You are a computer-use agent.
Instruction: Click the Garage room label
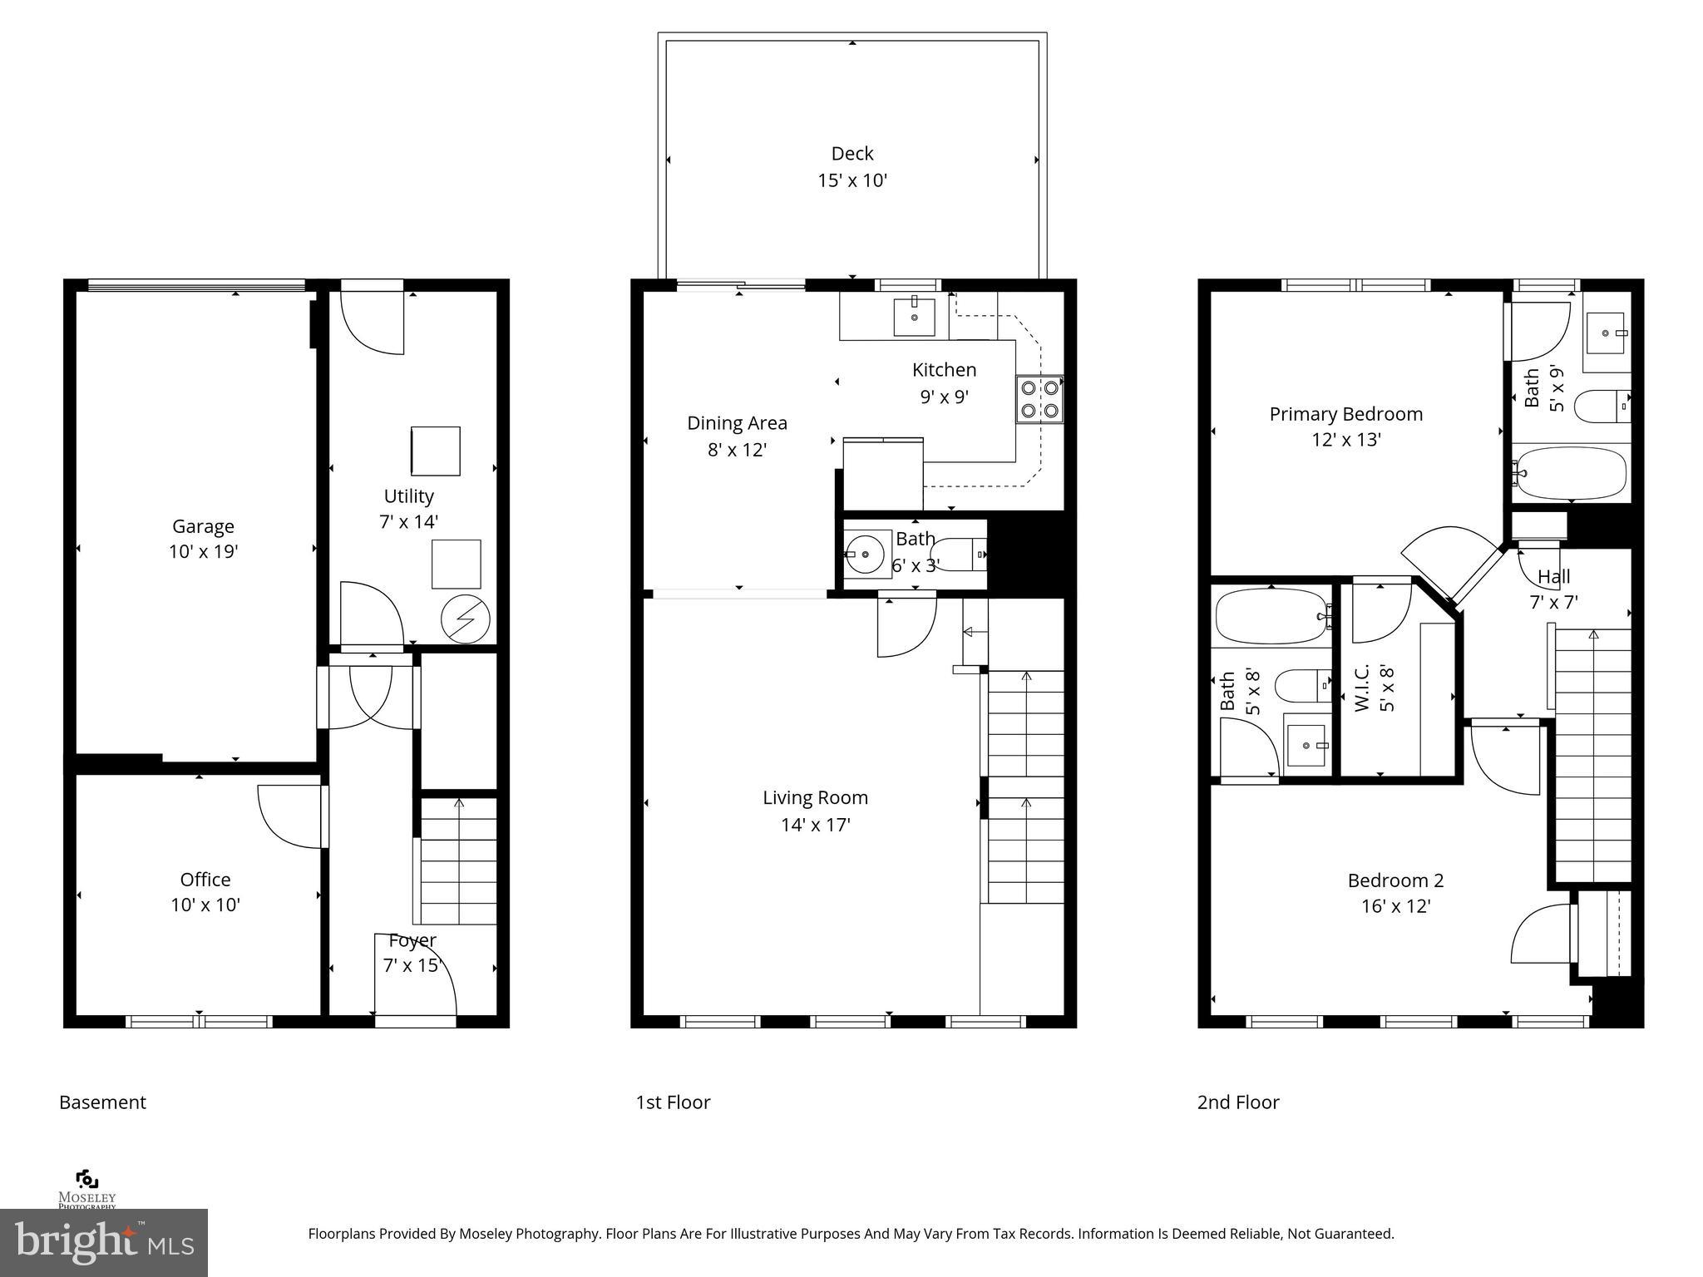click(203, 526)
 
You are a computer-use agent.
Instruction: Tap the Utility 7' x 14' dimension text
click(408, 522)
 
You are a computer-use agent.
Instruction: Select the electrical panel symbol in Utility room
click(466, 619)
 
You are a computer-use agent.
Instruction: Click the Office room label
click(205, 880)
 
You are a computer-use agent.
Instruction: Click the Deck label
click(852, 154)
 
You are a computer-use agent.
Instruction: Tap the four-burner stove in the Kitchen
click(1039, 398)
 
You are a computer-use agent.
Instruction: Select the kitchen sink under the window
click(914, 316)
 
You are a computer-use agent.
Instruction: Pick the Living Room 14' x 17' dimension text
click(815, 825)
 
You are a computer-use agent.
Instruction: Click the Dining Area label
click(737, 423)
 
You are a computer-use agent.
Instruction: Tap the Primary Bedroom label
click(1345, 414)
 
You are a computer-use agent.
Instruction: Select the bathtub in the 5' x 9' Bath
click(1570, 473)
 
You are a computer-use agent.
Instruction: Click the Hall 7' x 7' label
click(1553, 589)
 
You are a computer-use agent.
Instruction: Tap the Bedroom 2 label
click(1395, 880)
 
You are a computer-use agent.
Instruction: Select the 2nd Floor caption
click(1237, 1102)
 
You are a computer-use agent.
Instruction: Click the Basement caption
click(102, 1102)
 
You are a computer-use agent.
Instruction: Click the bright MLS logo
click(104, 1242)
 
